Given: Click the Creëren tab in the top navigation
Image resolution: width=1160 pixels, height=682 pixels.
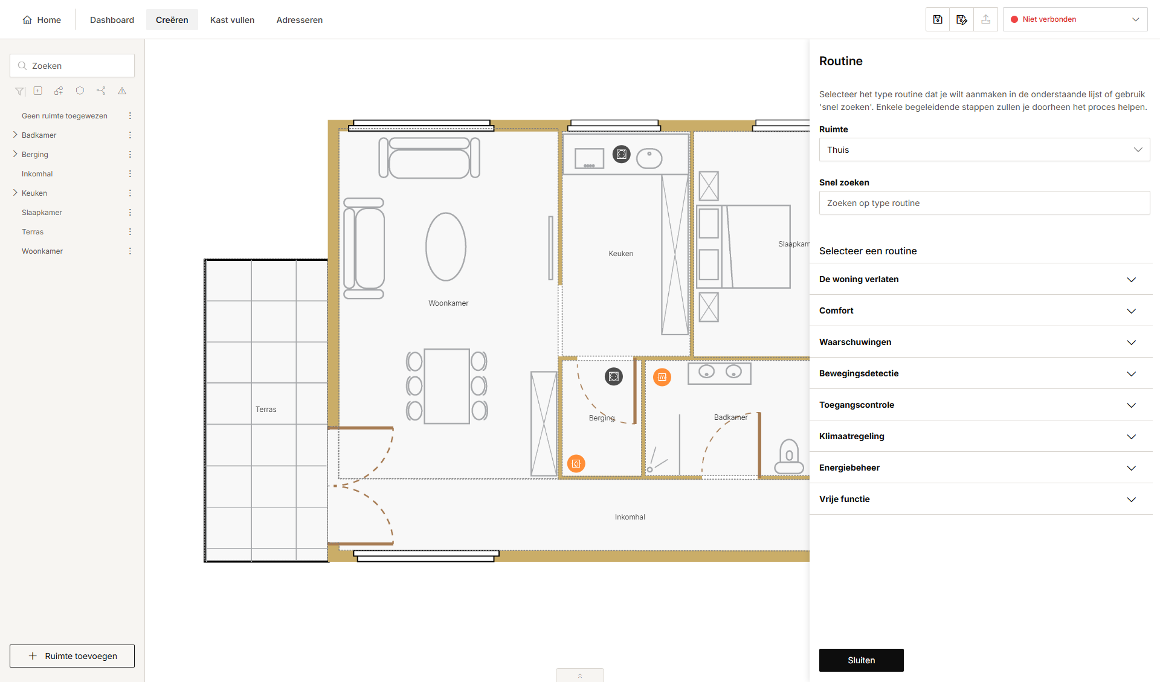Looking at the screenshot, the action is coord(172,20).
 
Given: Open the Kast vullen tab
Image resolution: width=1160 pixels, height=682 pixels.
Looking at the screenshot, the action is coord(232,20).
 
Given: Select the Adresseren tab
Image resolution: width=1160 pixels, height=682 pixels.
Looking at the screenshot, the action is coord(299,20).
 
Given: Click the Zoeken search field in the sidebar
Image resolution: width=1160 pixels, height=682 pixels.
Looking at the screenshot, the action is coord(72,66).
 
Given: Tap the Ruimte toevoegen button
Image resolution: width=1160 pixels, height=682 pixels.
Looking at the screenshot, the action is coord(72,656).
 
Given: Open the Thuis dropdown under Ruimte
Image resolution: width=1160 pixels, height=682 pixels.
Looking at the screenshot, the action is coord(984,150).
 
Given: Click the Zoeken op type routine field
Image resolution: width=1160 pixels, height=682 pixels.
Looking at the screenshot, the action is coord(984,203).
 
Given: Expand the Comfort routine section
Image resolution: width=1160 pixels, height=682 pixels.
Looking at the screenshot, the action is coord(981,310).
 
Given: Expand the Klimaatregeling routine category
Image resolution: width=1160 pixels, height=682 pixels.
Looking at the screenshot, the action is coord(981,436).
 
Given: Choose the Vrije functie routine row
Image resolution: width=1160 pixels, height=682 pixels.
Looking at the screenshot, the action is coord(981,499).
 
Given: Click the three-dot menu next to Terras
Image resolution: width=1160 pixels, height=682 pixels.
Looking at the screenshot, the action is coord(130,232).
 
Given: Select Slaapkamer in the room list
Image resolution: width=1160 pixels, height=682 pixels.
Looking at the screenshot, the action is coord(42,213).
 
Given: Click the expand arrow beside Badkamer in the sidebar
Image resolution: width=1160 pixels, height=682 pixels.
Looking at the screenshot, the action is coord(15,135).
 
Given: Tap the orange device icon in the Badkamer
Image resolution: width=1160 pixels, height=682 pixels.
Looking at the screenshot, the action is coord(662,378).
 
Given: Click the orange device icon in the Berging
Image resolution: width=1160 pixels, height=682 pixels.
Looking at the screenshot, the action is coord(576,464).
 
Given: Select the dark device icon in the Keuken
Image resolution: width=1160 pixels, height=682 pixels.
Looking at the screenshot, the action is coord(622,154).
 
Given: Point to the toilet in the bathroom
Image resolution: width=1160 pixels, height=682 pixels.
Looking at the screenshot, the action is coord(789,457).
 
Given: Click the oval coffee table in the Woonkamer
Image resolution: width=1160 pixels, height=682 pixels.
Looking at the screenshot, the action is coord(446,246).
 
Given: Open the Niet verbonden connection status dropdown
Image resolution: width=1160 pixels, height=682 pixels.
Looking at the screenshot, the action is coord(1075,19).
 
